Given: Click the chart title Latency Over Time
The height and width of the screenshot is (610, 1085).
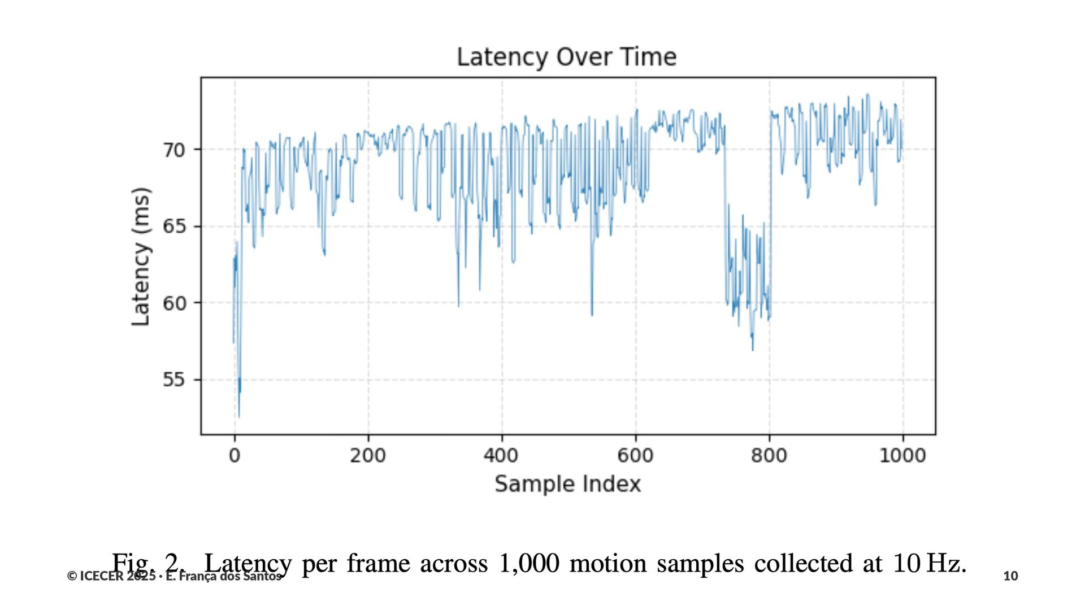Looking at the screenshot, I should (x=566, y=57).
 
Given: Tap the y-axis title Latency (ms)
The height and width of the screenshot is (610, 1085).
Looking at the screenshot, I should (x=141, y=256).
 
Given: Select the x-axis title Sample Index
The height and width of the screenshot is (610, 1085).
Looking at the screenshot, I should (x=567, y=484).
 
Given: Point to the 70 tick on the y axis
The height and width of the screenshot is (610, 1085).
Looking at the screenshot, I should (x=174, y=150).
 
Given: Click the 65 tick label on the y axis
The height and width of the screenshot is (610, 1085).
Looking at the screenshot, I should (x=174, y=226).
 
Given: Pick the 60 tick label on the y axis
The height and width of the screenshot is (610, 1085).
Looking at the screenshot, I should (x=174, y=303).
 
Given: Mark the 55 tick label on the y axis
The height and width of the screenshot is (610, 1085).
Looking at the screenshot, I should (x=174, y=380).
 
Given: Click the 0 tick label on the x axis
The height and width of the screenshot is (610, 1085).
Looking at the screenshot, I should (x=235, y=455).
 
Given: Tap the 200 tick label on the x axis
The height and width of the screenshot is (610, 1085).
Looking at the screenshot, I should (x=368, y=455).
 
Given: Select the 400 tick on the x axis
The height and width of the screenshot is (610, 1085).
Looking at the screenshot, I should (x=501, y=455).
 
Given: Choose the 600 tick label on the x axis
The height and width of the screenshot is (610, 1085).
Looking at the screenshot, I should (x=635, y=455).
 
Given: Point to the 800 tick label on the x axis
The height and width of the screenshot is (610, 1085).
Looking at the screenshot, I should (x=769, y=455).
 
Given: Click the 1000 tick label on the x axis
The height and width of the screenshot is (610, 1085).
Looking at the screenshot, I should (x=902, y=455).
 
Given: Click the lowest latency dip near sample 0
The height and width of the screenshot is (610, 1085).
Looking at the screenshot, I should (x=238, y=416).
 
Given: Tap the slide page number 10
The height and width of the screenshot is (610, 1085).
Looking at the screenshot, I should (x=1010, y=576).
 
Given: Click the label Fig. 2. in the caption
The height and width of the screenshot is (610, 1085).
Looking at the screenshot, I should (x=148, y=563).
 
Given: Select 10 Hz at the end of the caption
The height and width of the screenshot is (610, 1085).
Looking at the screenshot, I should (x=930, y=563).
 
